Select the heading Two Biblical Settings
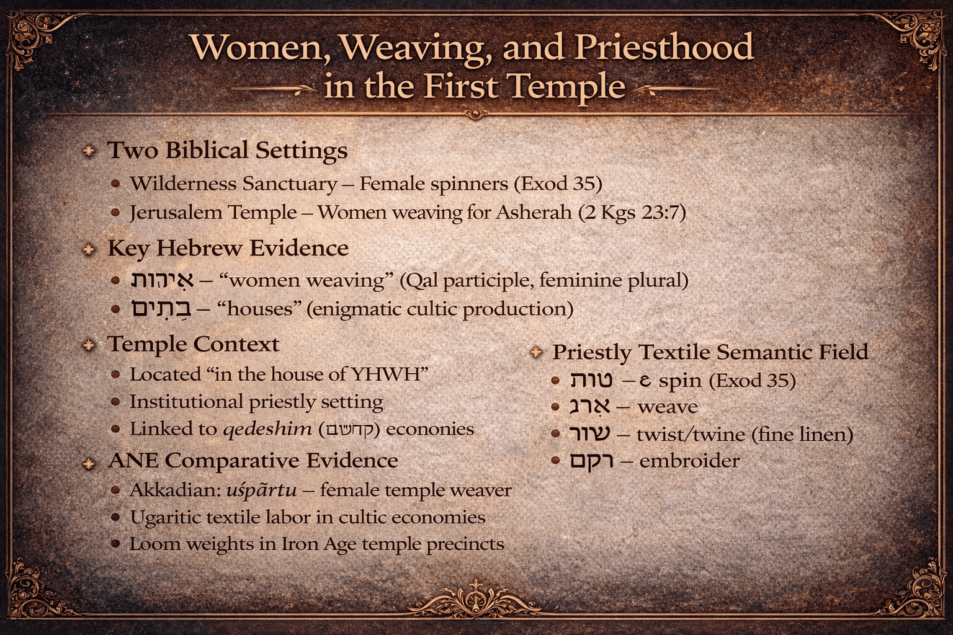(x=228, y=151)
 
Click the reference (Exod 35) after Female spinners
(x=558, y=184)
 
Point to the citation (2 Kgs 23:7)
(x=632, y=213)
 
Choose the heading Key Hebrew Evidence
(x=228, y=249)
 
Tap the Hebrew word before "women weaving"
(x=162, y=280)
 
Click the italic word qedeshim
(x=267, y=429)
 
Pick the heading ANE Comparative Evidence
(x=253, y=461)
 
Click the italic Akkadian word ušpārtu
(x=261, y=491)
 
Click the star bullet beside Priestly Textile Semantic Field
(x=536, y=352)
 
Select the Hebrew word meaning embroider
(x=592, y=461)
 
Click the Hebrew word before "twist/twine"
(x=589, y=434)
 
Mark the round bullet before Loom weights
(x=115, y=544)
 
